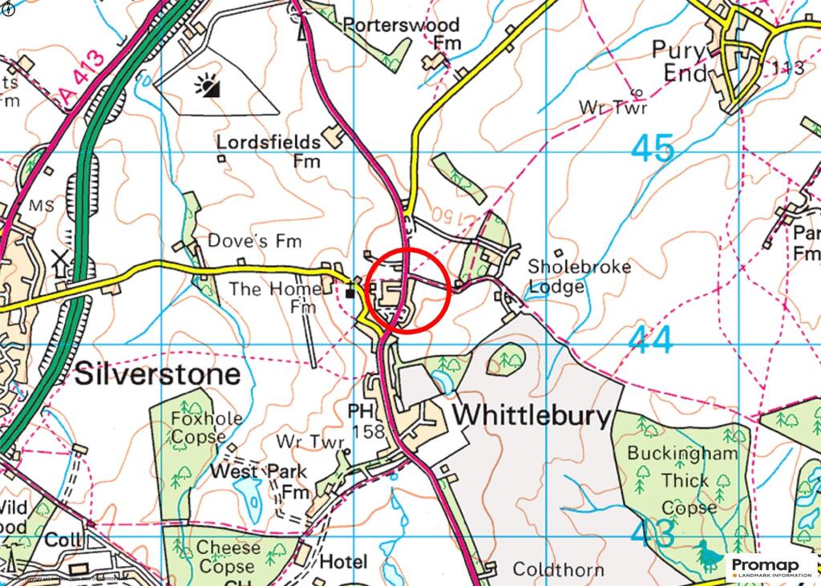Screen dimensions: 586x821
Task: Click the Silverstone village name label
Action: coord(157,374)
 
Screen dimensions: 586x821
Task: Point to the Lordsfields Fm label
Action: coord(269,152)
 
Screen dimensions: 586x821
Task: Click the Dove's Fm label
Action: coord(243,240)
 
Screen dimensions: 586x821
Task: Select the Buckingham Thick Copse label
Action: coord(682,480)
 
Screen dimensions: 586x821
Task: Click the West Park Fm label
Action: coord(260,481)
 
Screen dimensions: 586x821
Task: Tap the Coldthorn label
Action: coord(558,570)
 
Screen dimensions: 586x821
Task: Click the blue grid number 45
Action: coord(652,149)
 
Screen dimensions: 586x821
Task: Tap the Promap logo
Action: coord(772,568)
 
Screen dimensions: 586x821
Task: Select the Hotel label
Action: coord(343,561)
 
